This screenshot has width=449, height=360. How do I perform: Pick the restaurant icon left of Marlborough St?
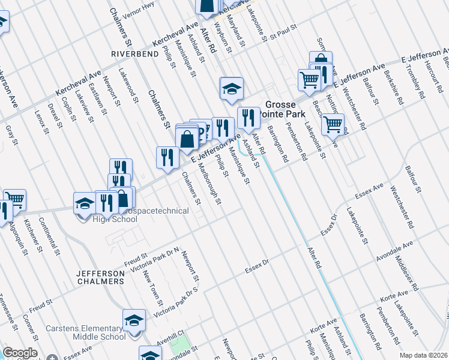coord(167,157)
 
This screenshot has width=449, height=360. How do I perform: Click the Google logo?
coord(20,353)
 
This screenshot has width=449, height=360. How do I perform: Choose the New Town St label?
coord(153,286)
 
